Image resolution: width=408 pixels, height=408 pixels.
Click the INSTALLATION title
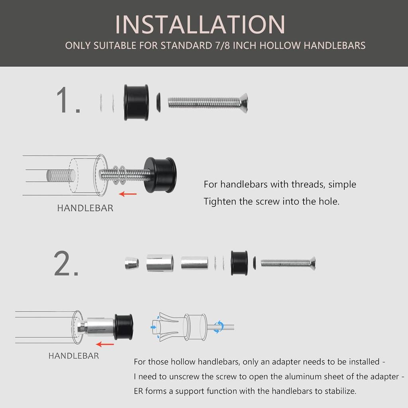(x=200, y=24)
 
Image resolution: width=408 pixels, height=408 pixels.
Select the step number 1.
(x=68, y=100)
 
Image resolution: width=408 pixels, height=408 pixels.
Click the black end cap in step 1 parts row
(x=136, y=102)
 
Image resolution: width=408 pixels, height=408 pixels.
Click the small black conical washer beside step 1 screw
(x=158, y=102)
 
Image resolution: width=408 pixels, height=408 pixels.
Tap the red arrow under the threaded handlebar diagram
(x=128, y=194)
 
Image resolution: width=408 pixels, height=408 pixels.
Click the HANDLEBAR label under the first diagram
(x=85, y=208)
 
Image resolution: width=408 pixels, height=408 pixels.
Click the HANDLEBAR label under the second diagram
(x=74, y=356)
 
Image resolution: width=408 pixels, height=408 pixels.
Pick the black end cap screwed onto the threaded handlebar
(x=160, y=175)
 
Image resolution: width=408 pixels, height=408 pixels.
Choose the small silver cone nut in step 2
(x=131, y=263)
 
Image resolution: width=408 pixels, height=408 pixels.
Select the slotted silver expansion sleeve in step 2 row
(x=160, y=263)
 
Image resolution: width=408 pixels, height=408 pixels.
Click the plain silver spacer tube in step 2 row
(x=194, y=263)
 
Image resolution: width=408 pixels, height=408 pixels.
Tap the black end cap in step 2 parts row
(x=239, y=263)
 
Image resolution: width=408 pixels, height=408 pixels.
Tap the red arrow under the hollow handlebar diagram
(x=105, y=344)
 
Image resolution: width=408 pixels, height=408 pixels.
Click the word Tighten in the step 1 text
(x=220, y=202)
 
